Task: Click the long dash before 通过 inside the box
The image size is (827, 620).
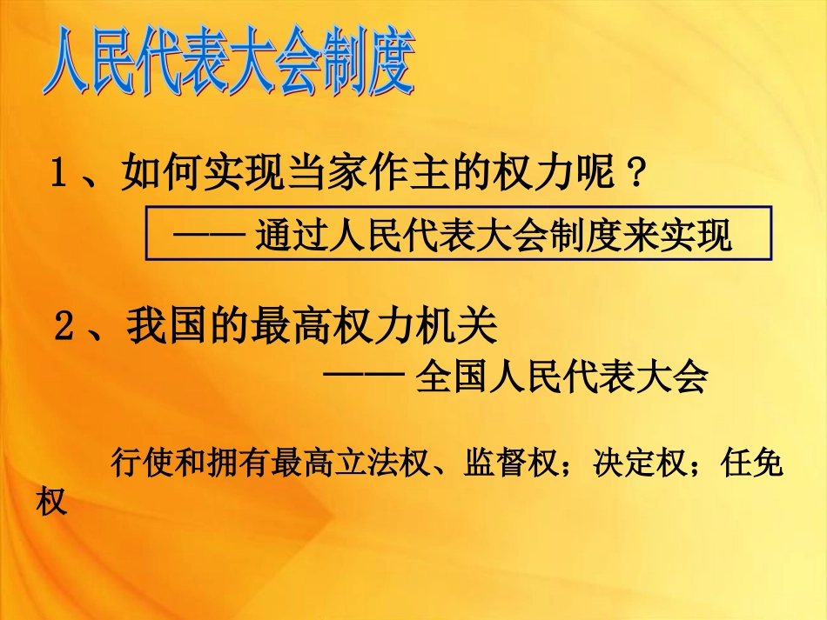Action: coord(206,237)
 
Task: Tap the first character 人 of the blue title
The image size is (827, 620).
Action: coord(69,66)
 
